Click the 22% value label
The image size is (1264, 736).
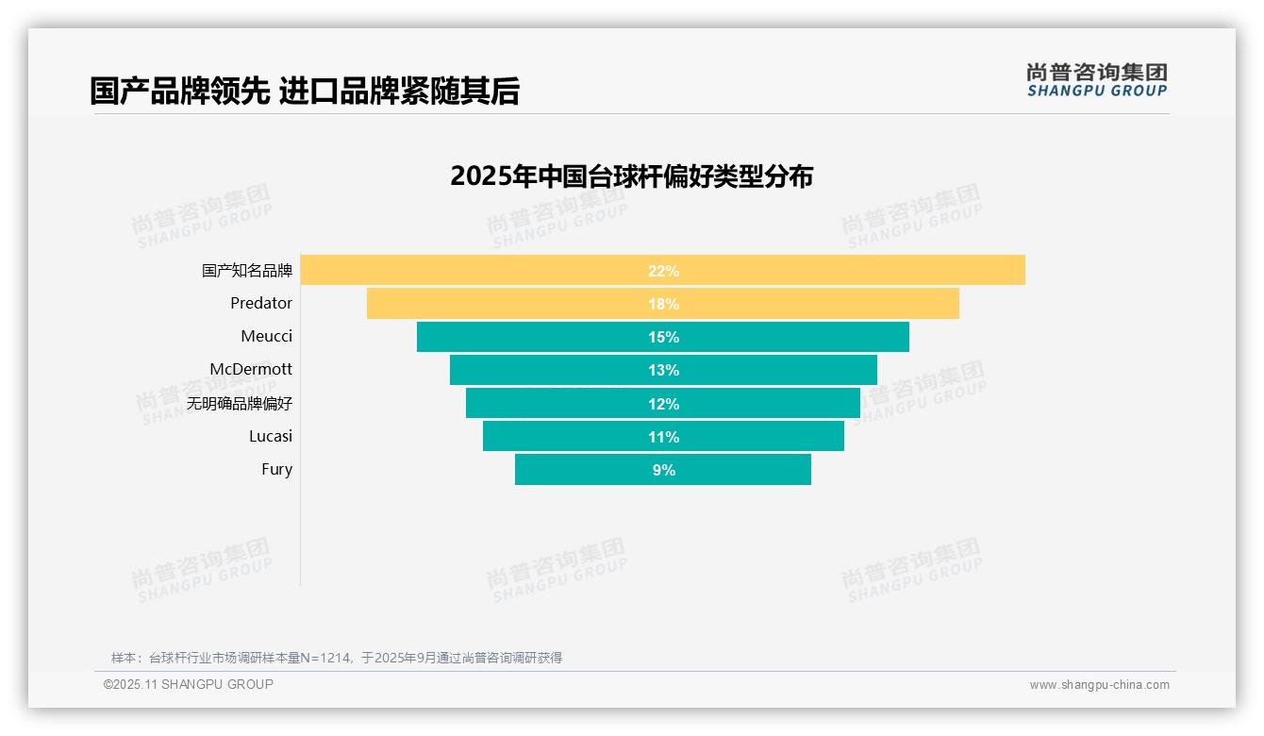663,271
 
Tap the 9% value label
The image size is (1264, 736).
663,470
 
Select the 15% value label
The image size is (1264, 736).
663,337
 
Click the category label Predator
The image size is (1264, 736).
261,303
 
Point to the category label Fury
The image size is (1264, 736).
276,469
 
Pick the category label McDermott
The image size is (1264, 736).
251,369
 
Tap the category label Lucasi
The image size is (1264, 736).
271,436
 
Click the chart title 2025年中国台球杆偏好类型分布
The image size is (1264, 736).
631,176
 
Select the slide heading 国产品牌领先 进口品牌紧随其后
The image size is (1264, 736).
305,91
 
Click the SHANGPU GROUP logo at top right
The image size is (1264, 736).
1096,80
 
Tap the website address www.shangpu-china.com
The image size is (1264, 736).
1099,685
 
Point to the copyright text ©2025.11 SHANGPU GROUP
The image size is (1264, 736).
189,684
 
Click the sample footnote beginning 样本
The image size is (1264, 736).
337,658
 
